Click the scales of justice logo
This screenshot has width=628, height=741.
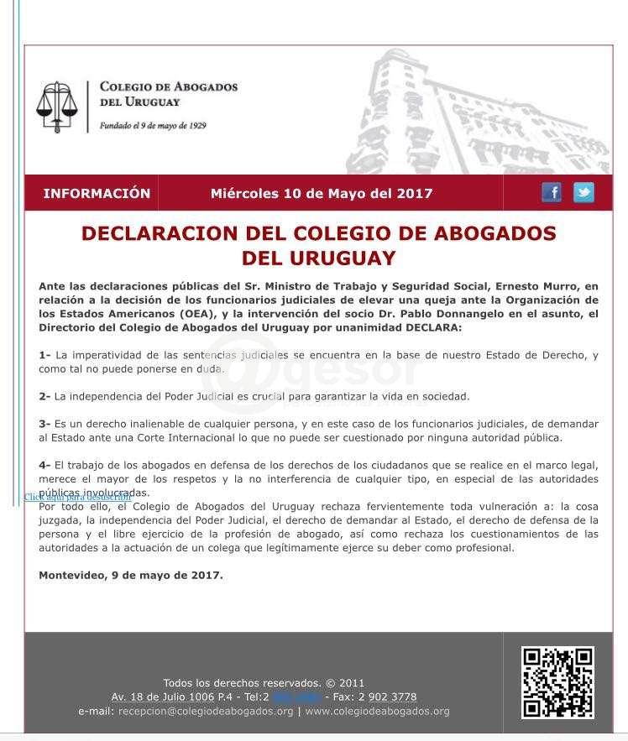[56, 107]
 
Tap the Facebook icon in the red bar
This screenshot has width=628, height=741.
[552, 192]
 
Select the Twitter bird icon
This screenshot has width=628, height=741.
[584, 192]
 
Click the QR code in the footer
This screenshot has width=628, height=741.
[557, 682]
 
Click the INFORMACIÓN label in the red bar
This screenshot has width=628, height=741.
[97, 193]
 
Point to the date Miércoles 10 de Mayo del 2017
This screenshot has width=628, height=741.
[322, 193]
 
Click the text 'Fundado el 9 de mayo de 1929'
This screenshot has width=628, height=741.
[153, 126]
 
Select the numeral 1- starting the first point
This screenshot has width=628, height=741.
[44, 355]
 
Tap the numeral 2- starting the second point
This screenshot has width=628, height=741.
[44, 396]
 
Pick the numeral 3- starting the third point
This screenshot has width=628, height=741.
[44, 424]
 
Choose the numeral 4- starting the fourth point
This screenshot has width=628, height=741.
[44, 465]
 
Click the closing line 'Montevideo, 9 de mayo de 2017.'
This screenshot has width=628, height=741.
[131, 575]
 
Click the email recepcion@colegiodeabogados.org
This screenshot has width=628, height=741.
[206, 711]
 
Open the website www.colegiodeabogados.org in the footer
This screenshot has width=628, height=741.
[377, 711]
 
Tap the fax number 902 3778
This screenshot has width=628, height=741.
[392, 697]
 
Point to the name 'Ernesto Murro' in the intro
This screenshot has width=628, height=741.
[540, 286]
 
